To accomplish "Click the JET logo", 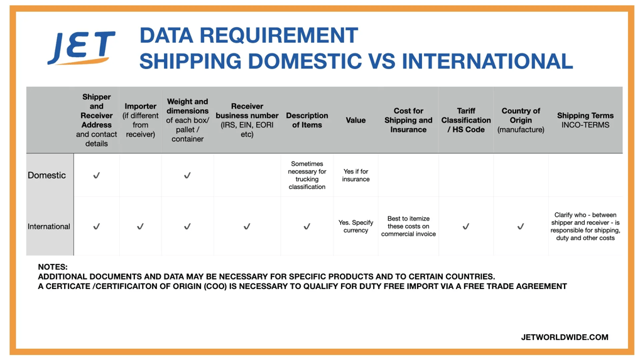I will (82, 48).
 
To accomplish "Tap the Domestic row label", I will (46, 175).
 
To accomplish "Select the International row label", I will (49, 227).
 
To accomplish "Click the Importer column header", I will (140, 120).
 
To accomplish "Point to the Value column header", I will (355, 120).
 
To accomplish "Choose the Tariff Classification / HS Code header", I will (466, 120).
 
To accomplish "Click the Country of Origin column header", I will (521, 120).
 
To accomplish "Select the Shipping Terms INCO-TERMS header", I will (585, 120).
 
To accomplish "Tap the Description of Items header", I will (307, 120).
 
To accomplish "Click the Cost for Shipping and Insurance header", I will (408, 120).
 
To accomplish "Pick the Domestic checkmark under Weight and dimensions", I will (187, 176).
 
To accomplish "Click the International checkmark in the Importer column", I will (140, 227).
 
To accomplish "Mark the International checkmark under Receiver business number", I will (247, 227).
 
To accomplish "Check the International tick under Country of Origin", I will (521, 227).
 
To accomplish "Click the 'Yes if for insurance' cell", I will (355, 175).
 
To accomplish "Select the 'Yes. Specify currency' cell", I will (355, 226).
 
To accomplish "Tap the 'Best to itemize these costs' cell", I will (408, 226).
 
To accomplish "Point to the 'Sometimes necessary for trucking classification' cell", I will (307, 175).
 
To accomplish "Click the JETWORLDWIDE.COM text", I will (565, 337).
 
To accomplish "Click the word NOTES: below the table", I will (53, 267).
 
